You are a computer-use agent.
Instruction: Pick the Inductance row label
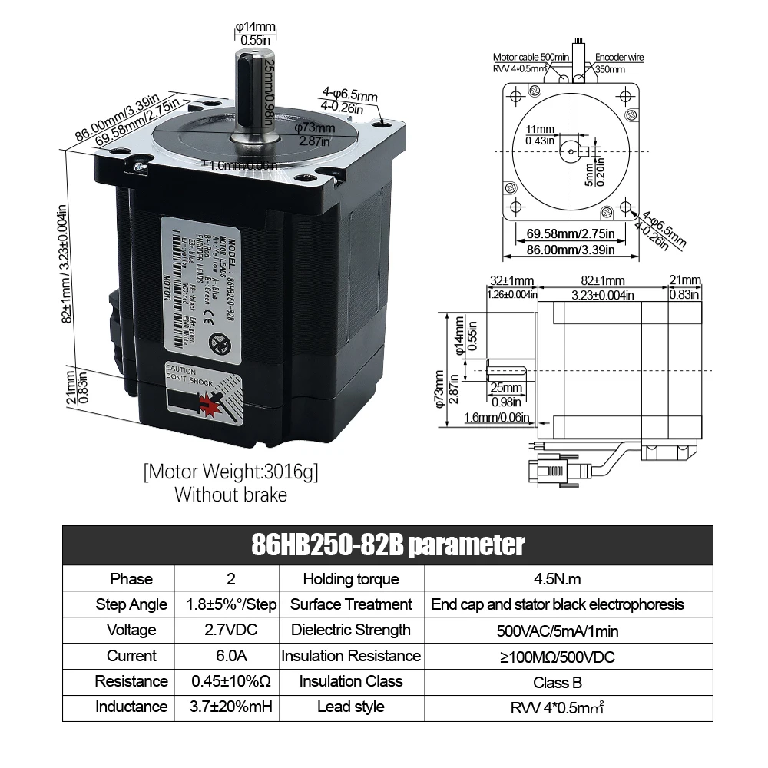point(131,707)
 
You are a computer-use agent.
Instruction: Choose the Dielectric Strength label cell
point(351,631)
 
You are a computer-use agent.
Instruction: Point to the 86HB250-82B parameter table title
point(388,545)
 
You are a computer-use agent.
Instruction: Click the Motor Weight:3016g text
point(230,471)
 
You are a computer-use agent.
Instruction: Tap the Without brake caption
point(230,495)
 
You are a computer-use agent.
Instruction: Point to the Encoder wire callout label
point(620,58)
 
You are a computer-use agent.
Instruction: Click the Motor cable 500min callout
point(531,58)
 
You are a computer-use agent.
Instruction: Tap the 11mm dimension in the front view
point(540,129)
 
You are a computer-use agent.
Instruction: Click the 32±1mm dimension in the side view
point(511,281)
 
